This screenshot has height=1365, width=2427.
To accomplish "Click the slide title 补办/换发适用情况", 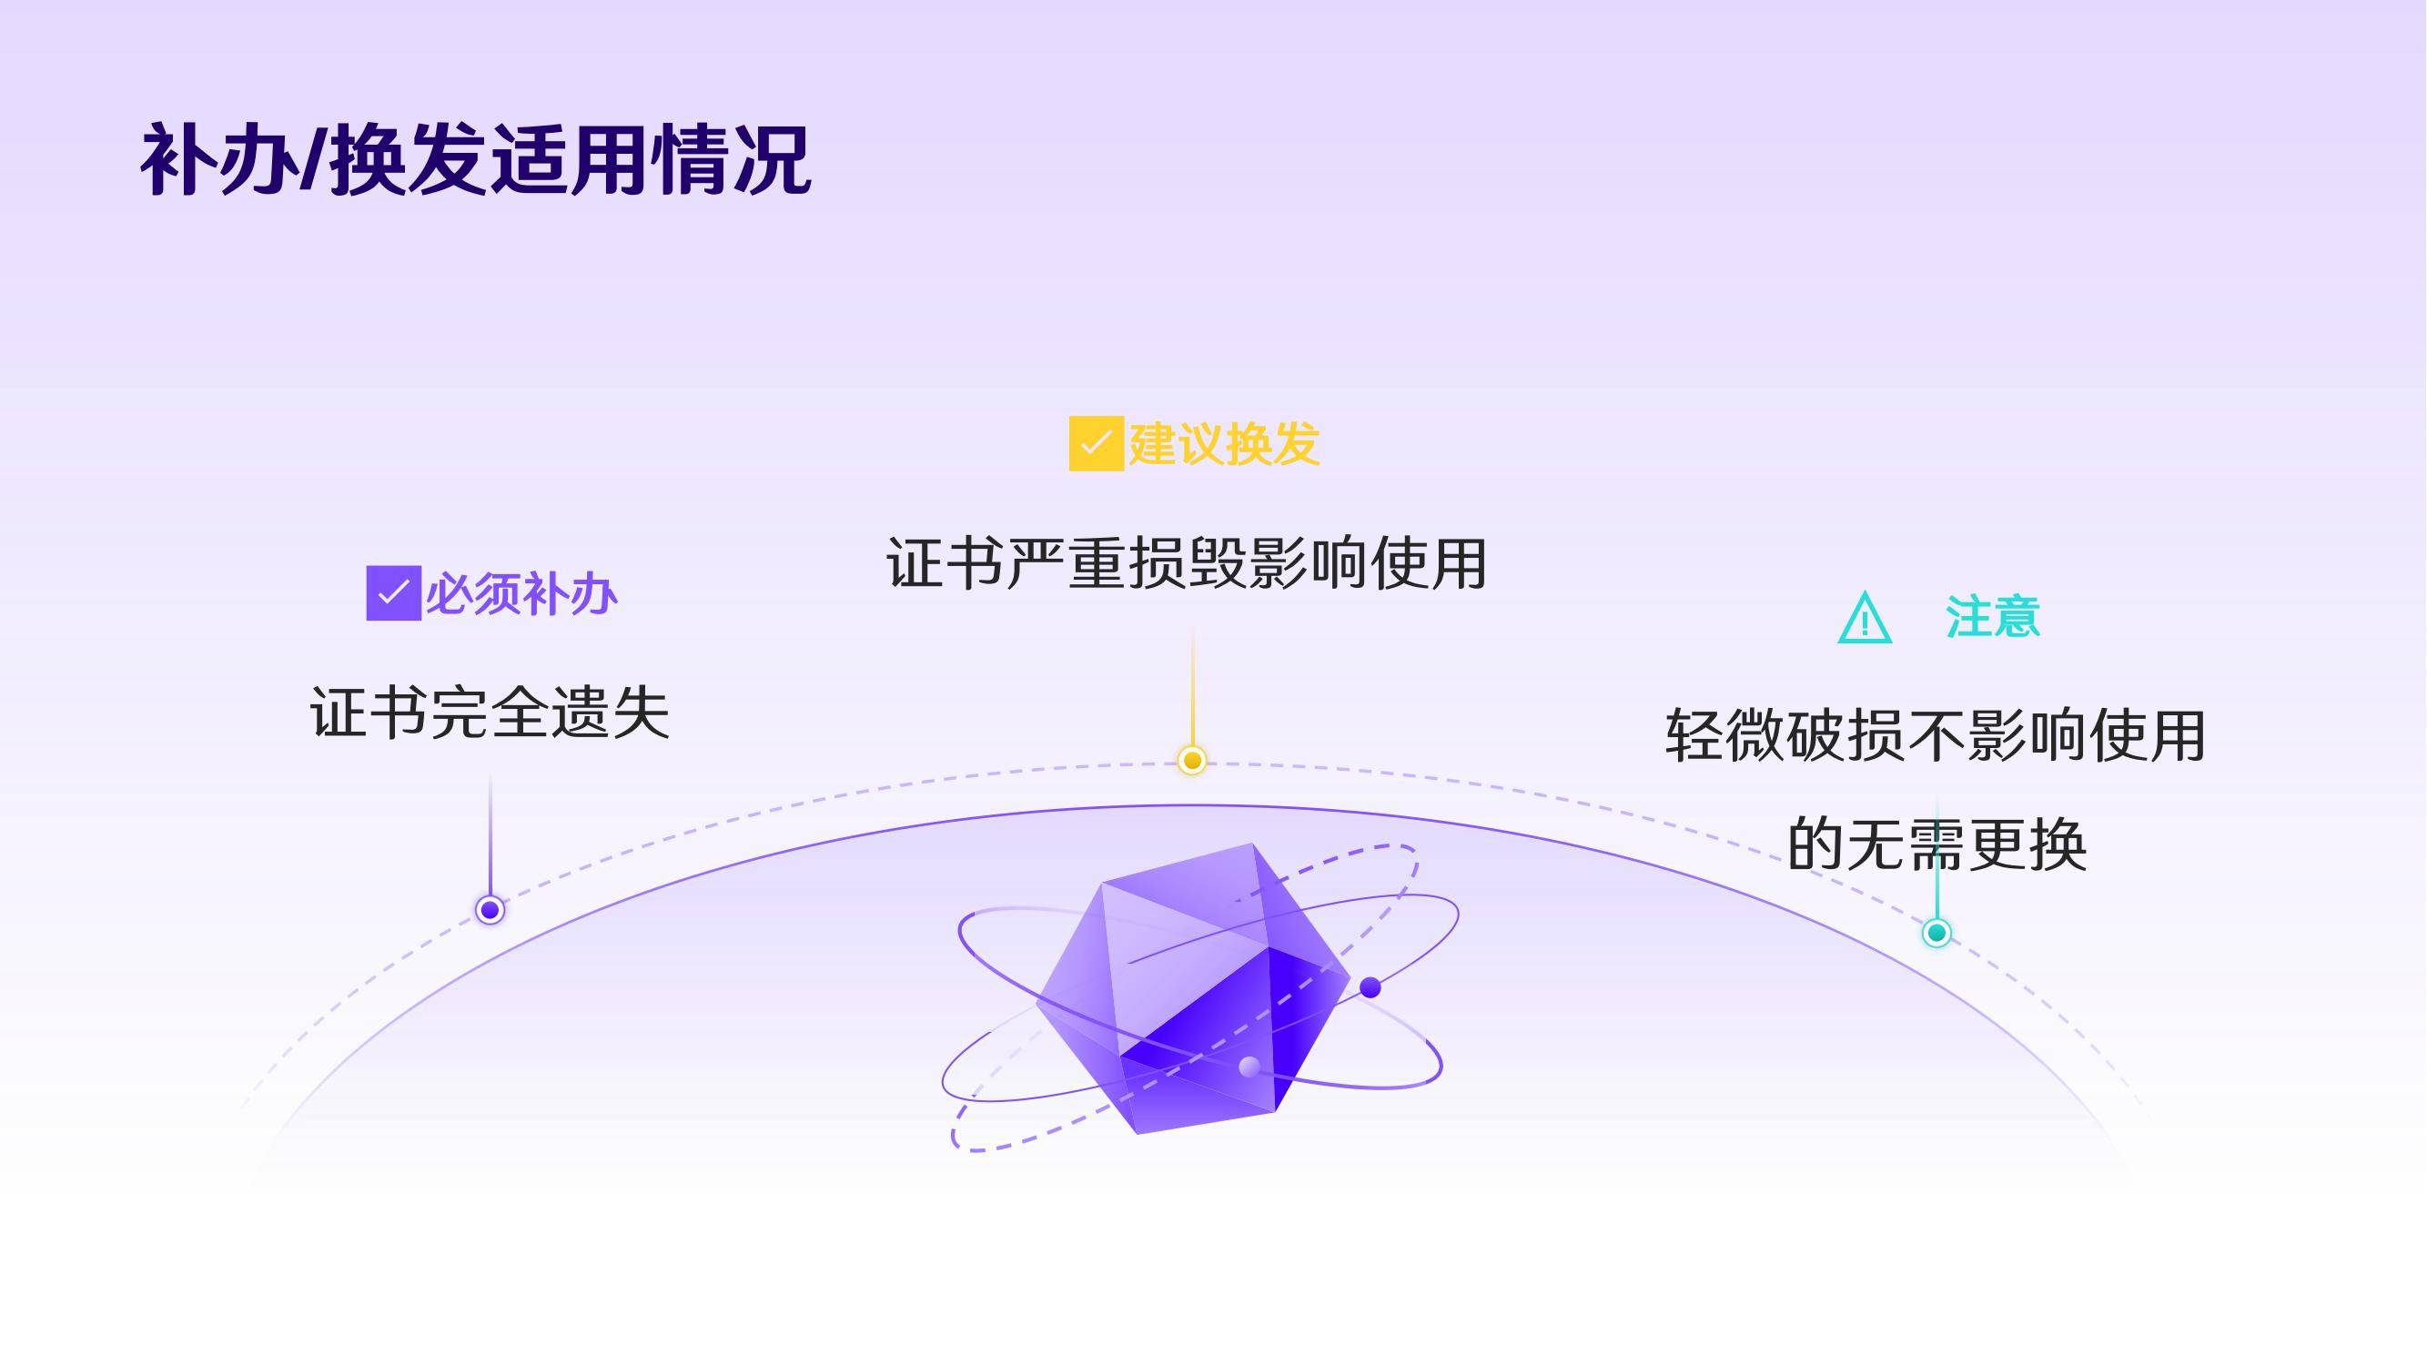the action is point(476,159).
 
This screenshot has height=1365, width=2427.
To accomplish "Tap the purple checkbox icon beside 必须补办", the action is point(394,593).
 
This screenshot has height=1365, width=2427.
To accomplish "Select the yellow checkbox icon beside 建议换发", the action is point(1097,443).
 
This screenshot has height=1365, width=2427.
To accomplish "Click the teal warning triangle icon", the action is point(1865,618).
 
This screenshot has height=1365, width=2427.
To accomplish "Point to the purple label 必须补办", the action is point(521,594).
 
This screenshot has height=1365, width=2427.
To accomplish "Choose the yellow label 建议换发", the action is point(1224,444).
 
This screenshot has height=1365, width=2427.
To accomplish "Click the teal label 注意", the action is point(1993,618).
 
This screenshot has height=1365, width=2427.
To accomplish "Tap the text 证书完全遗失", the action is point(490,713).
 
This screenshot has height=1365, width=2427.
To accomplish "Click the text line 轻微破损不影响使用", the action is point(1937,735).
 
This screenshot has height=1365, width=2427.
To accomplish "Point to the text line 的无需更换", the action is point(1937,844).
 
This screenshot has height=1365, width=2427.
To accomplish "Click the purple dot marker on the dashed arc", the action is point(490,910).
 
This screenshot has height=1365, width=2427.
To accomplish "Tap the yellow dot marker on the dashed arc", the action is point(1192,760).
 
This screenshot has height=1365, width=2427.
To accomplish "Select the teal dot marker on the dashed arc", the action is point(1937,933).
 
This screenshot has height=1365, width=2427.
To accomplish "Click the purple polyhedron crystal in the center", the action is point(1193,989).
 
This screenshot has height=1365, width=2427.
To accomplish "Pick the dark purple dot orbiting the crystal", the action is point(1370,987).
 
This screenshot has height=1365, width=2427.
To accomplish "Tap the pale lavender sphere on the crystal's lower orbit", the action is point(1249,1067).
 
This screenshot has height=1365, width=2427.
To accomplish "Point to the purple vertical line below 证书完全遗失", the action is point(490,835).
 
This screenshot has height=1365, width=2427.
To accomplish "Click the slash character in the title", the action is point(312,161).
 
